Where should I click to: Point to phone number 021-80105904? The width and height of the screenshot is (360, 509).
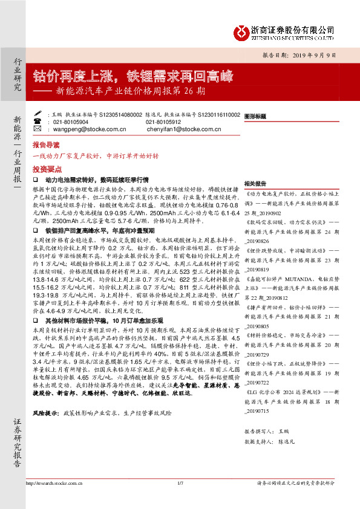coord(71,121)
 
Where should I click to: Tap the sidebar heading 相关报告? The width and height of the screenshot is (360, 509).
coord(255,183)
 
